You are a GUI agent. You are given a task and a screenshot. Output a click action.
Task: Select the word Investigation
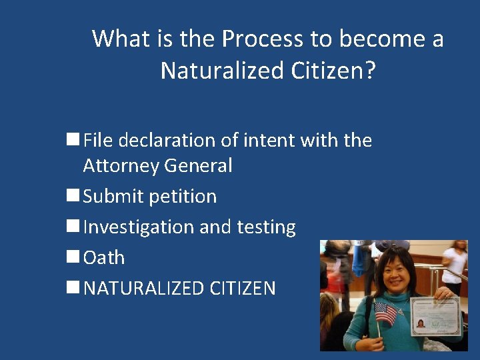[139, 227]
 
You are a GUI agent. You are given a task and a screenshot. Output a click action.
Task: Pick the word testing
[266, 227]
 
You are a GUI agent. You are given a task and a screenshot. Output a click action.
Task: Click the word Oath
[104, 257]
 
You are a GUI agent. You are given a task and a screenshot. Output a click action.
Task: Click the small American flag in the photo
[385, 312]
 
